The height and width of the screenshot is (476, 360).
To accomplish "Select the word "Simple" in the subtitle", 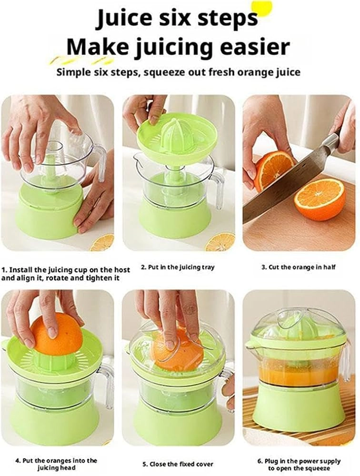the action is (x=73, y=72).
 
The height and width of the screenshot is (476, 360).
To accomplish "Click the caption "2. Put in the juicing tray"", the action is (x=178, y=267).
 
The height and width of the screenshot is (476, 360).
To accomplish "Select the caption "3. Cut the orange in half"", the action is (x=298, y=267).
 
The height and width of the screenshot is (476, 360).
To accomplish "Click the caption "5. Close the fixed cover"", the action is (x=178, y=464).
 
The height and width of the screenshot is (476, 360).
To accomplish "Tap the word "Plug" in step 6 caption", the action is (x=271, y=461).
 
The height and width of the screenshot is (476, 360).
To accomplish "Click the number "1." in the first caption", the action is (x=4, y=270).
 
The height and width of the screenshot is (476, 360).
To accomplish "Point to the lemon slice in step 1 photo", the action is (x=102, y=243).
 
